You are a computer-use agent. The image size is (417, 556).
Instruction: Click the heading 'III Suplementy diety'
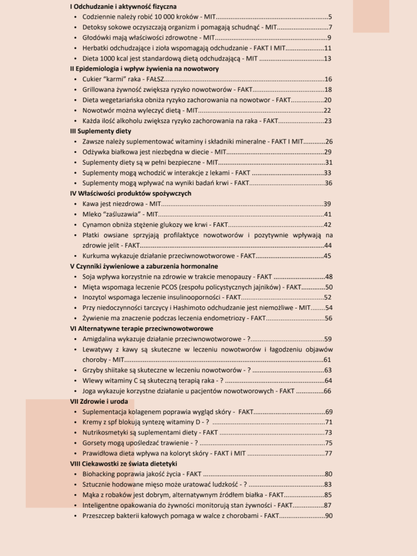[x=100, y=131]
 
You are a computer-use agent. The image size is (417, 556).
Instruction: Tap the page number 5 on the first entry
[x=330, y=17]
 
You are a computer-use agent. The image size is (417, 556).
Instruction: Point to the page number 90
[x=329, y=516]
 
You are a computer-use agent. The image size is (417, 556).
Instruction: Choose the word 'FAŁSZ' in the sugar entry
[x=155, y=79]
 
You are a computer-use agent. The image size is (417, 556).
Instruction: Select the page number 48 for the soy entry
[x=329, y=277]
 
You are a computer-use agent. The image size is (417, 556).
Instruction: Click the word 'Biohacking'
[x=99, y=474]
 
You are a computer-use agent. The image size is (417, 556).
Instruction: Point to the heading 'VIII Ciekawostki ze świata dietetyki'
[x=123, y=463]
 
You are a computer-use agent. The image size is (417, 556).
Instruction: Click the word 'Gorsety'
[x=94, y=443]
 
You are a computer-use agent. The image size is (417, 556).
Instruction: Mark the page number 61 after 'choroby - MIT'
[x=327, y=360]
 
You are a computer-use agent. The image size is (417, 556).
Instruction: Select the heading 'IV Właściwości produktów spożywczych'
[x=131, y=193]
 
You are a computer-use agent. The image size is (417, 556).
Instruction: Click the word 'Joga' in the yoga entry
[x=89, y=391]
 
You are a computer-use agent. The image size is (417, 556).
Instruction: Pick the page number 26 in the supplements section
[x=329, y=141]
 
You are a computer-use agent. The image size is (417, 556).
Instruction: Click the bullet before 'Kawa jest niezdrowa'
[x=75, y=204]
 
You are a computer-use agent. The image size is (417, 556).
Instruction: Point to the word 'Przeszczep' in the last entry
[x=98, y=516]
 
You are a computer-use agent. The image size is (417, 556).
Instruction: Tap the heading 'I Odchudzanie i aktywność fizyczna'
[x=123, y=7]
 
